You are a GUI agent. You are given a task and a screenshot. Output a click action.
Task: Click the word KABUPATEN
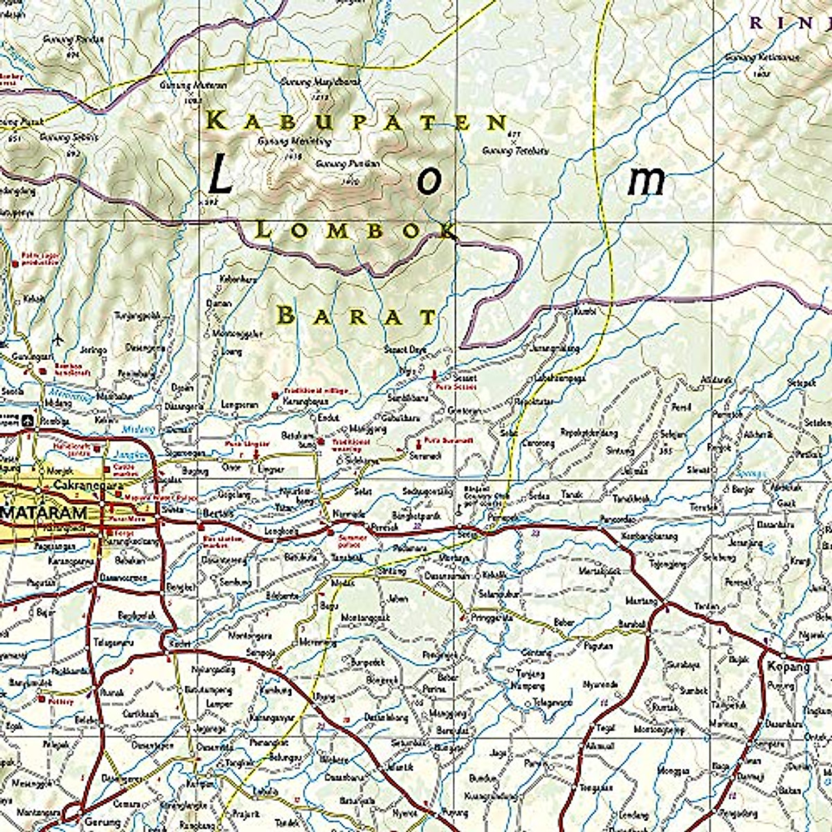click(358, 121)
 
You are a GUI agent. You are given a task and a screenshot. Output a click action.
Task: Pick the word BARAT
click(357, 317)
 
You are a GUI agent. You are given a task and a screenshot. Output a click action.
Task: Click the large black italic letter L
click(220, 175)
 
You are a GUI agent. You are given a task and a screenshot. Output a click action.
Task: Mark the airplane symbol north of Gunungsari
click(57, 338)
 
